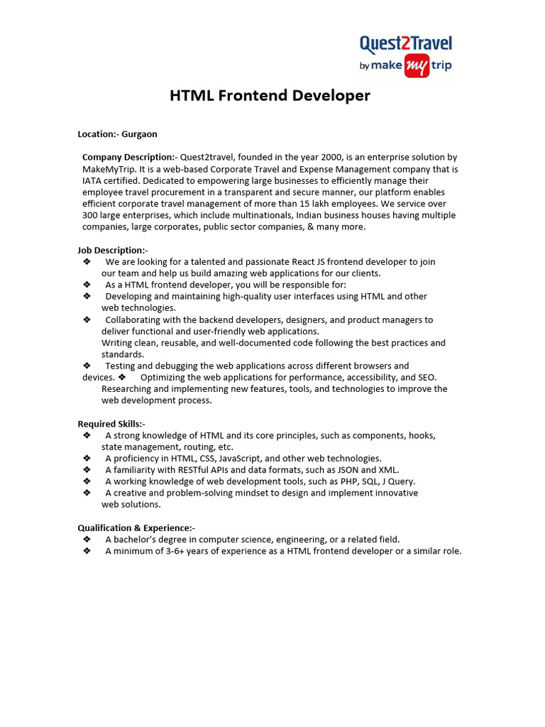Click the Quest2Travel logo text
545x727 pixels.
(x=405, y=45)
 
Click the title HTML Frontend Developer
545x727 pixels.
(x=270, y=95)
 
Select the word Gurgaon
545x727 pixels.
(x=139, y=133)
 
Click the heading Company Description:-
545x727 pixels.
(x=130, y=157)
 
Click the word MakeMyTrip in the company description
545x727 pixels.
(x=106, y=169)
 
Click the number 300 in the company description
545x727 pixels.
(x=90, y=215)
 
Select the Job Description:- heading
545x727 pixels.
(x=112, y=250)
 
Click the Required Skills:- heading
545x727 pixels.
(x=111, y=424)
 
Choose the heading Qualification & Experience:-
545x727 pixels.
(x=136, y=528)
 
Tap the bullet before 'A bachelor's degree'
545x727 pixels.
(x=87, y=540)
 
